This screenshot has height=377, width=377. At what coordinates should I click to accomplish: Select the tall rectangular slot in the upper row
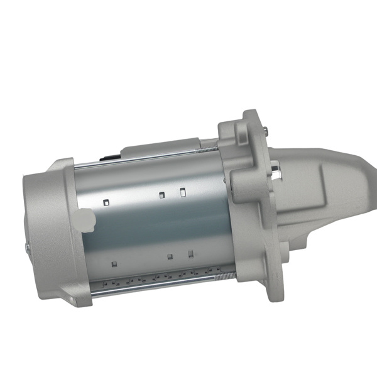pos(182,192)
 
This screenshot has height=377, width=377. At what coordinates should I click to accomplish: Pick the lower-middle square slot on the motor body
pos(170,256)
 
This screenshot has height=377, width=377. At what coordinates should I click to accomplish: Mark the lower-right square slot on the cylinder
pos(190,254)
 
